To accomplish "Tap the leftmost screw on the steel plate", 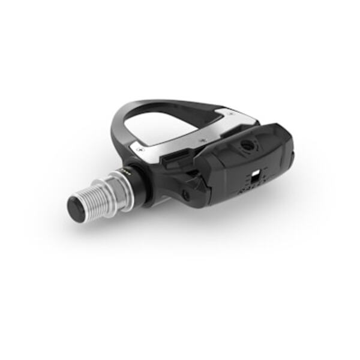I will click(140, 144).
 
